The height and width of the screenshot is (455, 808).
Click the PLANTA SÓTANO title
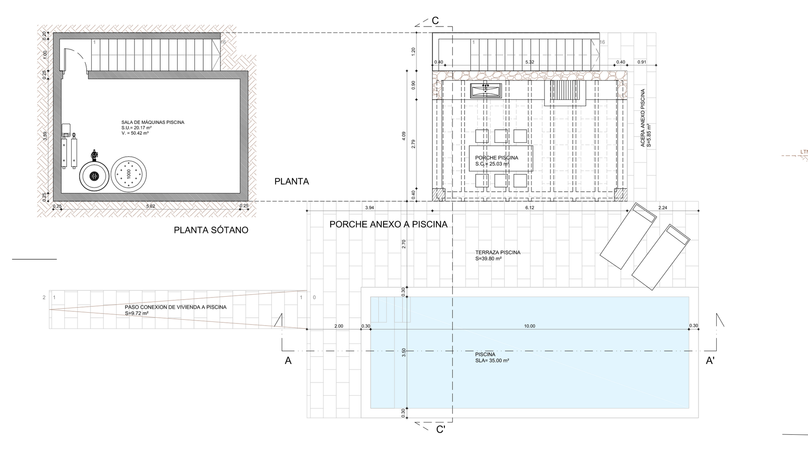(x=211, y=230)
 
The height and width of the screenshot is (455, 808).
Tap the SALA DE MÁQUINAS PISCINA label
(x=153, y=122)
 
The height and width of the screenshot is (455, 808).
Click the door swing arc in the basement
(x=80, y=59)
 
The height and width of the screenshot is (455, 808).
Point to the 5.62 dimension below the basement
(x=151, y=206)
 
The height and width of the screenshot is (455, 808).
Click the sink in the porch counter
(x=486, y=90)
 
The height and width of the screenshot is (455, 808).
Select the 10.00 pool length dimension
(x=529, y=326)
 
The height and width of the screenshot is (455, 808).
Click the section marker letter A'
(x=710, y=361)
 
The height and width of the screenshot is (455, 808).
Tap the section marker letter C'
(x=441, y=430)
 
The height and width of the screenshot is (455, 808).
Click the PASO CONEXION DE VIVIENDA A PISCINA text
(x=175, y=307)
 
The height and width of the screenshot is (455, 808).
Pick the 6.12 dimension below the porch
(x=529, y=208)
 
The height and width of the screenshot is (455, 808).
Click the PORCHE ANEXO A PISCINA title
(x=388, y=225)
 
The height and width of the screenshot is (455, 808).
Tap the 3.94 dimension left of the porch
(x=369, y=208)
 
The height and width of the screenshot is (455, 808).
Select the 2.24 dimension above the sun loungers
(x=663, y=208)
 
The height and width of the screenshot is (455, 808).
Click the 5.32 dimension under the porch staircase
(x=530, y=62)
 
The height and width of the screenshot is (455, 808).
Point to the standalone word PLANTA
(x=292, y=182)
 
